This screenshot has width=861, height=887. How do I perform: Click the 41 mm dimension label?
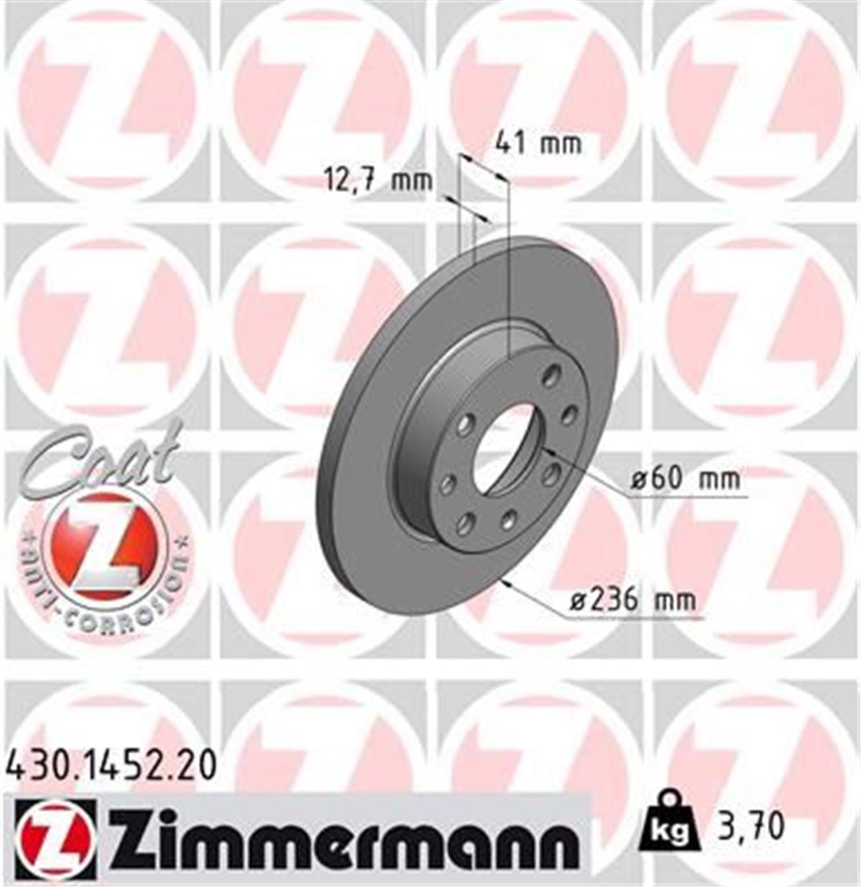tap(538, 144)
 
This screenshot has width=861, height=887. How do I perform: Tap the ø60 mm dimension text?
tap(685, 478)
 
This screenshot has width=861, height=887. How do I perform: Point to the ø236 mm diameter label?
tap(633, 599)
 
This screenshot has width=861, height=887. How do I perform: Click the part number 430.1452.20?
tap(110, 767)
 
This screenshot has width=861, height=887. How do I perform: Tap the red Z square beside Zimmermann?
tap(54, 837)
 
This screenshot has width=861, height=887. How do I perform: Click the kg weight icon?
tap(669, 825)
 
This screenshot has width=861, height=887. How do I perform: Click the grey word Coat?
tap(100, 459)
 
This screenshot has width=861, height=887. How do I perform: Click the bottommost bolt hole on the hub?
tap(465, 523)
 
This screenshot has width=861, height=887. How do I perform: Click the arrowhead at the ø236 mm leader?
tap(508, 582)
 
